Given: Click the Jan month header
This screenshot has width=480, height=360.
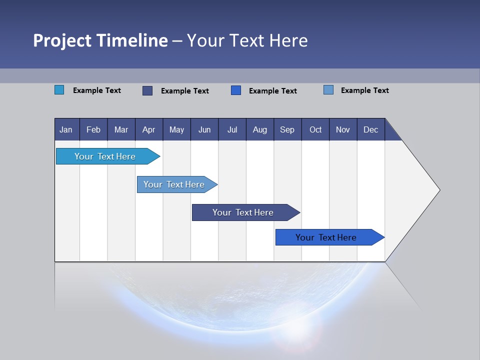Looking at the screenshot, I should [66, 129].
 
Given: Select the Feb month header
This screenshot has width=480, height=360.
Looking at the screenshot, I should [93, 129].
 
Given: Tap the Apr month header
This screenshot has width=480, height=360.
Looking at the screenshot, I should [148, 129].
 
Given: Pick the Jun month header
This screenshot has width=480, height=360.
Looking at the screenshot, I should [204, 129].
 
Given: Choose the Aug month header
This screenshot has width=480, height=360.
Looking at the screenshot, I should [259, 129].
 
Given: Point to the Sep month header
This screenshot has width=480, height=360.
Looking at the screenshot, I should [287, 129].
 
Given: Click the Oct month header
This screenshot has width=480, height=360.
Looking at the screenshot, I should [315, 129].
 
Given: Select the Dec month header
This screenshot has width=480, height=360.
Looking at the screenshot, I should [370, 129].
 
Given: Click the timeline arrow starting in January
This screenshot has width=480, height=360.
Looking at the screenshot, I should [105, 156].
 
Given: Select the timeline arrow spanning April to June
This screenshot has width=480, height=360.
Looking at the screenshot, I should [174, 184].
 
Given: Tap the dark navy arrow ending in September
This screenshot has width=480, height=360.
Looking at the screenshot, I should [243, 212].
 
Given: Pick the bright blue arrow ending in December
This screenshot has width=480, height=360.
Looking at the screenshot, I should [326, 237].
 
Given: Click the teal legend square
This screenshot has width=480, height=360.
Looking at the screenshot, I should [59, 90].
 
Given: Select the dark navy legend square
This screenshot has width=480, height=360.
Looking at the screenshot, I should [147, 90].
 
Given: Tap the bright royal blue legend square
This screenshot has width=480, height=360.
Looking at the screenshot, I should [236, 90].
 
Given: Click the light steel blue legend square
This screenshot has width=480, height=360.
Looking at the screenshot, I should [328, 90].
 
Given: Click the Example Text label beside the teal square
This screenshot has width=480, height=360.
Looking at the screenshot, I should [97, 90].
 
